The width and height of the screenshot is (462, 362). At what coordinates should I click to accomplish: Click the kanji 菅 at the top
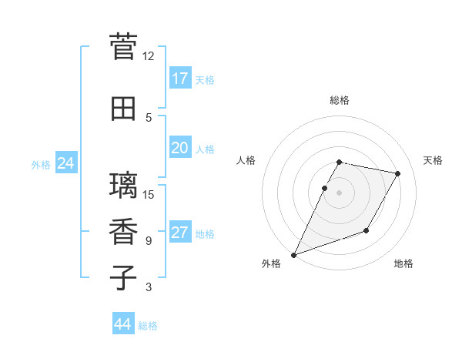tap(124, 47)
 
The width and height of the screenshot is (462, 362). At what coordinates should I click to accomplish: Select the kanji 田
tap(124, 109)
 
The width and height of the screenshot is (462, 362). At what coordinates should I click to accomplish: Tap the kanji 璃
tap(124, 186)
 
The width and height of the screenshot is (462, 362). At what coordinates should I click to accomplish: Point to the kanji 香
tap(124, 233)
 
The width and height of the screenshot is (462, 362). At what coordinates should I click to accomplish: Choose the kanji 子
tap(124, 278)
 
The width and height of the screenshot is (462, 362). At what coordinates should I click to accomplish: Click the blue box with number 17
tap(180, 78)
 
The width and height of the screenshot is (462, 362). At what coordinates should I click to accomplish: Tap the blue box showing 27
tap(180, 233)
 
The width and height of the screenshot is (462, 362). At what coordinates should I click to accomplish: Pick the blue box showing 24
tap(66, 163)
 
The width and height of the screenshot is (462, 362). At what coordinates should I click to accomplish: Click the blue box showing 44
tap(123, 324)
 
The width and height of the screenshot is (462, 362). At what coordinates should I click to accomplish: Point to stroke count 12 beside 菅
tap(148, 56)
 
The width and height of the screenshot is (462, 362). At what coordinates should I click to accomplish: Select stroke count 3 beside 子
tap(148, 287)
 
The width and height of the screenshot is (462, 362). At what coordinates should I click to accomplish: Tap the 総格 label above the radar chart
tap(340, 100)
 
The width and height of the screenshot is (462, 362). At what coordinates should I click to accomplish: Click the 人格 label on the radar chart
tap(246, 160)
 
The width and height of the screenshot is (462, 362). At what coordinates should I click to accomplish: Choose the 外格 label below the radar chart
tap(271, 263)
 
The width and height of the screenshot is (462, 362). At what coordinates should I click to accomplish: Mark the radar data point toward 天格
tap(398, 174)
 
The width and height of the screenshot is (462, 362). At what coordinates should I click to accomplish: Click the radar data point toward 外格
tap(293, 254)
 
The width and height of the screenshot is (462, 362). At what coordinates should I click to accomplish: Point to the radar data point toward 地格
tap(367, 230)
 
